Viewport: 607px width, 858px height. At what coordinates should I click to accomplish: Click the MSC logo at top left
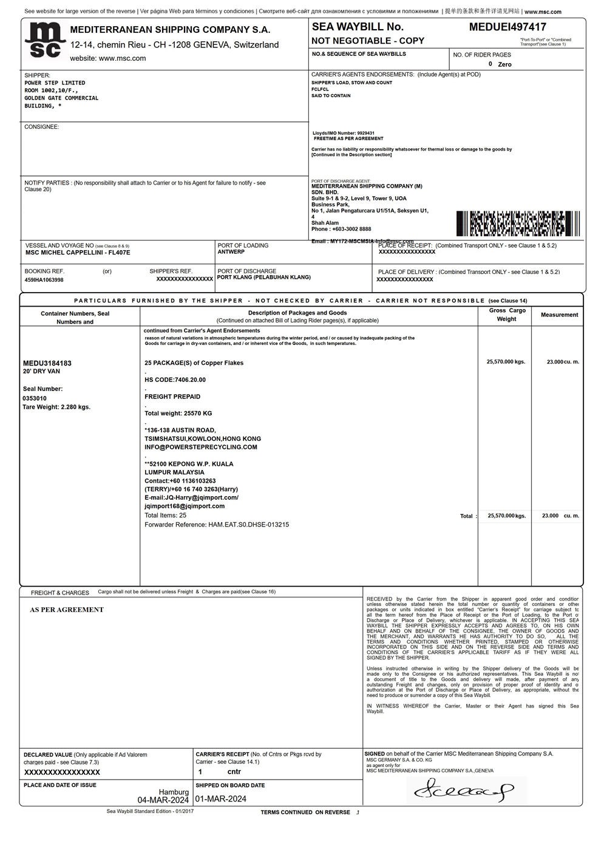pos(44,41)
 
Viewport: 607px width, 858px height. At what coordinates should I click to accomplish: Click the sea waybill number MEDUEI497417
pos(507,27)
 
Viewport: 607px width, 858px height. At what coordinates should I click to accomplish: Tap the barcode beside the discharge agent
pos(518,223)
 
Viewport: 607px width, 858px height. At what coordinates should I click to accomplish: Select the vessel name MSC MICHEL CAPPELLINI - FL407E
pos(78,253)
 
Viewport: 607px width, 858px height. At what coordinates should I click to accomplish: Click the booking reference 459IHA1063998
pos(44,280)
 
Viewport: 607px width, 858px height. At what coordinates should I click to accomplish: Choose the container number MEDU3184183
pos(47,363)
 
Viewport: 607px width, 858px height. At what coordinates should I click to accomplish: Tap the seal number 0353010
pos(35,398)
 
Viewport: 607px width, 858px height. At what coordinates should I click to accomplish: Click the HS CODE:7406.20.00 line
pos(175,380)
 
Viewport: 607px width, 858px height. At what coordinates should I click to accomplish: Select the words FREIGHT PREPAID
pos(172,397)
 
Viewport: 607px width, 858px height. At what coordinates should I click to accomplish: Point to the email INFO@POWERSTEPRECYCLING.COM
pos(201,447)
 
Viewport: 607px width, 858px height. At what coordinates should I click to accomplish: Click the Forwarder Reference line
pos(217,524)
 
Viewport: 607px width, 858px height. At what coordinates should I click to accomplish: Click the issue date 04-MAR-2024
pos(163,800)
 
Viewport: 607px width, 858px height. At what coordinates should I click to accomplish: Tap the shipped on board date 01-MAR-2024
pos(221,799)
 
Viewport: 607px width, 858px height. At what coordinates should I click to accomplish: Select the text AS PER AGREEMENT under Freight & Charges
pos(67,610)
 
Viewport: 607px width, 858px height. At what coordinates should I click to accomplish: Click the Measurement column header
pos(559,315)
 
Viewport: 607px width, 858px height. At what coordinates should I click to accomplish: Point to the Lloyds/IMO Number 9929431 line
pos(344,133)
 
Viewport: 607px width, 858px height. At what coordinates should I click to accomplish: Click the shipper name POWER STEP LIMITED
pos(55,83)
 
